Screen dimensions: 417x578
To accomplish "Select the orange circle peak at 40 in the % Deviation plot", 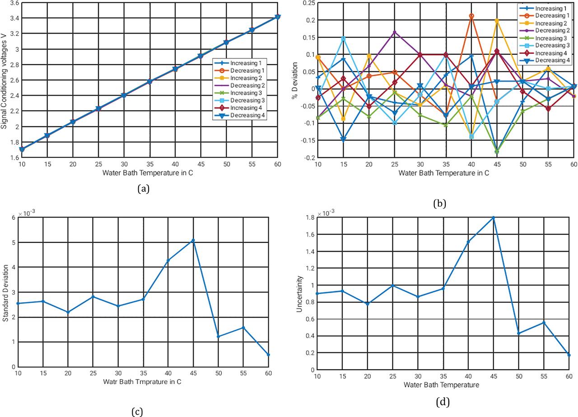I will [x=471, y=16].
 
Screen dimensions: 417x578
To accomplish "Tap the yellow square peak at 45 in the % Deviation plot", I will [x=496, y=21].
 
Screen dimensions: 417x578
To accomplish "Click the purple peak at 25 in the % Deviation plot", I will [x=395, y=32].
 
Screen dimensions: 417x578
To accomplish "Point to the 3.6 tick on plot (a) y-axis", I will [x=14, y=3].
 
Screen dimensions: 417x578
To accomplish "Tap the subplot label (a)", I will [x=143, y=189].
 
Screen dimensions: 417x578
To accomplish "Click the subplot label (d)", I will [x=443, y=401].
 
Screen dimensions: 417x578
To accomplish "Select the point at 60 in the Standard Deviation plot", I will [x=268, y=355].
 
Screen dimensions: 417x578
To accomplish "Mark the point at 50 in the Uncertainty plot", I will [x=519, y=334].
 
